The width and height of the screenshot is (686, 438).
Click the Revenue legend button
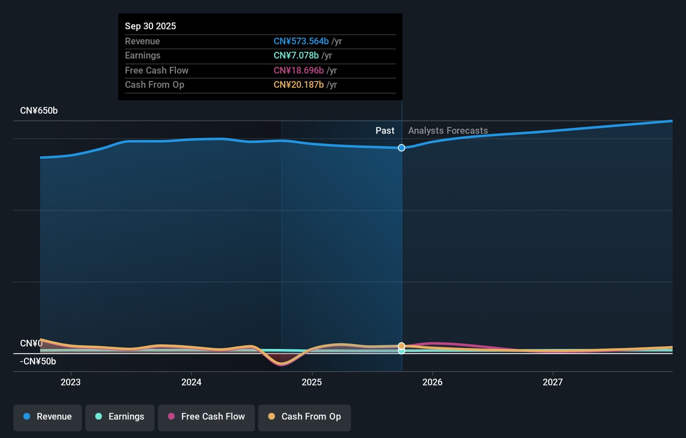[x=48, y=417]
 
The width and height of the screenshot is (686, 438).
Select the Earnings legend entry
[x=120, y=417]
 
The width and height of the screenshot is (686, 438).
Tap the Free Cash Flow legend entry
[x=206, y=417]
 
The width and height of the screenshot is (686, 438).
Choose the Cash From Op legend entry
[x=304, y=417]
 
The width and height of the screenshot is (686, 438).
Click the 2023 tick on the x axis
[x=71, y=382]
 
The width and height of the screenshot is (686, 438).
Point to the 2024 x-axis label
[x=191, y=382]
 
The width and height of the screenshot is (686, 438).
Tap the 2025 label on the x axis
[x=312, y=382]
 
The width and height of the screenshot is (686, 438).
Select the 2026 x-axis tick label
[x=432, y=382]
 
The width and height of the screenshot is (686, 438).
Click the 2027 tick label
[x=553, y=382]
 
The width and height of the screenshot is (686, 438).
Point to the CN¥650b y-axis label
[x=39, y=111]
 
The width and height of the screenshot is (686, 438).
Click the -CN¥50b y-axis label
[x=38, y=361]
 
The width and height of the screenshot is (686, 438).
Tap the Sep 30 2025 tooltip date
[x=151, y=26]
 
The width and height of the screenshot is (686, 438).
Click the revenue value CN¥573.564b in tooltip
[x=301, y=41]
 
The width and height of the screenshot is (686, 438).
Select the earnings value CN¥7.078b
[x=296, y=56]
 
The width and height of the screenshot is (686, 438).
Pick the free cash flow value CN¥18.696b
[x=299, y=71]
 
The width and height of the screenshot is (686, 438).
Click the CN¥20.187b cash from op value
[x=299, y=85]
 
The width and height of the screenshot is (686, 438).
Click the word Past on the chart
[x=385, y=131]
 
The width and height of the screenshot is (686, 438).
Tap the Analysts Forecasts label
[x=448, y=131]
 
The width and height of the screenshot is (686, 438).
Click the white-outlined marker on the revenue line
[x=402, y=148]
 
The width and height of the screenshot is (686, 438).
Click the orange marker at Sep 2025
[x=402, y=346]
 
